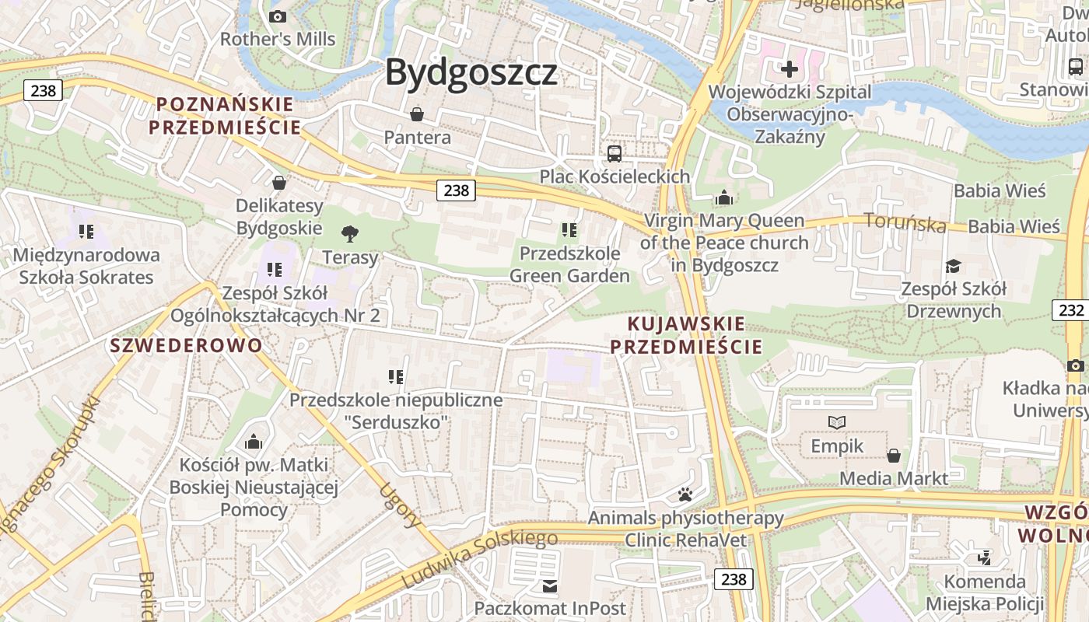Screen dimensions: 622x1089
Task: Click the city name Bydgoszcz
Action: (x=471, y=72)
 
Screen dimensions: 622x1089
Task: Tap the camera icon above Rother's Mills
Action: (x=278, y=16)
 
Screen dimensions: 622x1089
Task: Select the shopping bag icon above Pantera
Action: (x=417, y=114)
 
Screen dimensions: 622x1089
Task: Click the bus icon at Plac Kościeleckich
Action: (x=615, y=153)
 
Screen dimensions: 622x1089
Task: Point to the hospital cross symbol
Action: (x=790, y=69)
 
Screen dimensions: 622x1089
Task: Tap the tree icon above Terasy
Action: (x=350, y=232)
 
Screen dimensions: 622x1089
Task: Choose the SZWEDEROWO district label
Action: (x=187, y=345)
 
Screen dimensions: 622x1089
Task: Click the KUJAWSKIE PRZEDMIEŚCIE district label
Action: (x=686, y=335)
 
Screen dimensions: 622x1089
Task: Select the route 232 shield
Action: (x=1071, y=310)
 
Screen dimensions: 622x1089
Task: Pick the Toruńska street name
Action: (x=905, y=223)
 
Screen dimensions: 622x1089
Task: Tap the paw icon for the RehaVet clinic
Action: (x=685, y=494)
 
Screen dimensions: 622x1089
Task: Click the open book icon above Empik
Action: (x=837, y=422)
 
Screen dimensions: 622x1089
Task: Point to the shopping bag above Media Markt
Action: (x=894, y=455)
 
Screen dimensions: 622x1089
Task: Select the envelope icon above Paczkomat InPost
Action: (x=550, y=585)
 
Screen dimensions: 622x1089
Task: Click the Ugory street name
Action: (x=400, y=505)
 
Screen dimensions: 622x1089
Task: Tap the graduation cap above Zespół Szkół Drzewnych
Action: (x=953, y=267)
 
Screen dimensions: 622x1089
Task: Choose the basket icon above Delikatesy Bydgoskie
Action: (x=279, y=183)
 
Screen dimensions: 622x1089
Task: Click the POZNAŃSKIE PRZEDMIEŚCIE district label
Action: (x=226, y=115)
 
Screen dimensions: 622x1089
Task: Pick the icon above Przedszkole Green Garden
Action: (x=569, y=229)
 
